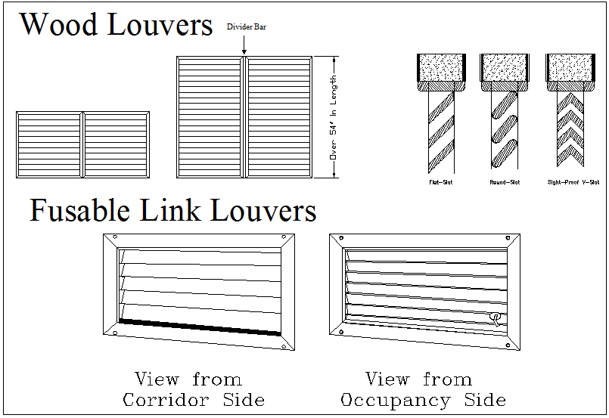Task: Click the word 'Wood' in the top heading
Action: pos(60,25)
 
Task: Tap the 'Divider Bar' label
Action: pos(247,27)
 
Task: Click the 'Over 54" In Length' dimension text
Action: pos(333,117)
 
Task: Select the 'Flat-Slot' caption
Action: pos(440,182)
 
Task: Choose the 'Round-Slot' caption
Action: pos(504,182)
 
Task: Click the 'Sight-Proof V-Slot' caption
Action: pos(573,182)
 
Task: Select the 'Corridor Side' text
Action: pos(194,400)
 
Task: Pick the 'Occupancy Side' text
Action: pos(423,400)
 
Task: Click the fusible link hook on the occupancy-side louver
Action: pos(496,318)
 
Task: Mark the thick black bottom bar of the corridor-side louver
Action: pos(200,327)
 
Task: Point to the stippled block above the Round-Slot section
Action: pos(503,67)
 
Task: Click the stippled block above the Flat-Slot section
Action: pos(440,67)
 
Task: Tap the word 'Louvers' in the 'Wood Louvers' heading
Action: pos(160,25)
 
